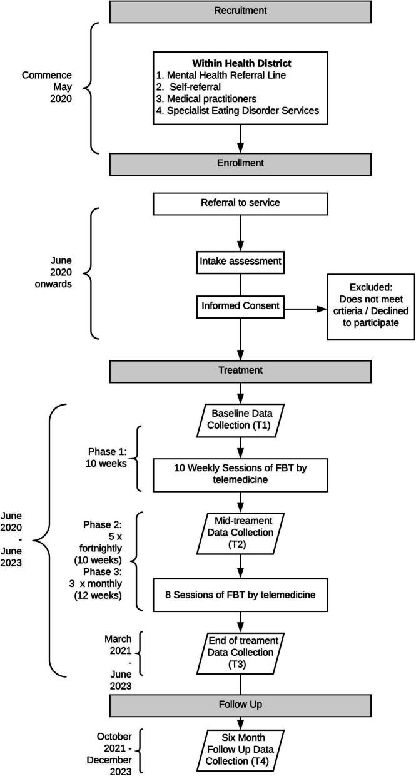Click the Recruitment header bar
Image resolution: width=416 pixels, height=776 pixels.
[240, 11]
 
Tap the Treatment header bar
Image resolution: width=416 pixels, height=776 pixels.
[240, 370]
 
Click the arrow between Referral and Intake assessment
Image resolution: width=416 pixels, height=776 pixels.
[240, 232]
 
